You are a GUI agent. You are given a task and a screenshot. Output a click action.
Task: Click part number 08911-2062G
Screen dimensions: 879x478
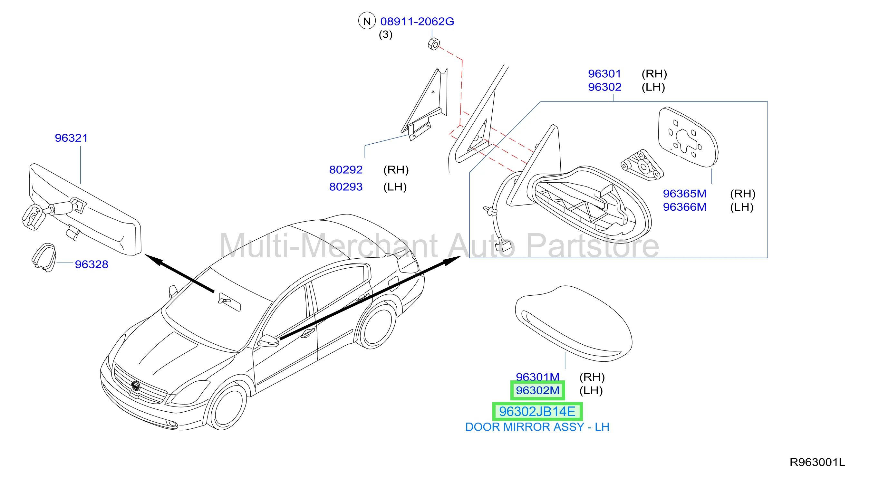pos(417,22)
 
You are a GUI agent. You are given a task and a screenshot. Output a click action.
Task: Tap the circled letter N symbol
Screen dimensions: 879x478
pos(367,21)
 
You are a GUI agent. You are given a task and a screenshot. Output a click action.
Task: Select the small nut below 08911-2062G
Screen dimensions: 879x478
pos(434,44)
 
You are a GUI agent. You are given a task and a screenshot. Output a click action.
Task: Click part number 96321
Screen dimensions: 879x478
pos(71,138)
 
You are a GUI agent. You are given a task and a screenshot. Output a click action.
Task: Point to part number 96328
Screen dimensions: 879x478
pos(92,264)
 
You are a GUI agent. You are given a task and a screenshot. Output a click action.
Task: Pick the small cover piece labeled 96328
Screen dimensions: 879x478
pos(44,257)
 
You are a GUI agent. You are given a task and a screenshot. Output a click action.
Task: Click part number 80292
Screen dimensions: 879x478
pos(346,169)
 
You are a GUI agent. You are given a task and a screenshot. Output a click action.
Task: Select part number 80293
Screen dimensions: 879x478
pos(346,186)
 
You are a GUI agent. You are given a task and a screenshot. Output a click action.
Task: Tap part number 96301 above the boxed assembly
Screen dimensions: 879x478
pos(604,74)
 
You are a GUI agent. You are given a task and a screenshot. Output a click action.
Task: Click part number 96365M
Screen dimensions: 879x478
pos(684,194)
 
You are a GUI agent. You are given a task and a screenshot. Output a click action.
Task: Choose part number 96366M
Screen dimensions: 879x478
pos(684,207)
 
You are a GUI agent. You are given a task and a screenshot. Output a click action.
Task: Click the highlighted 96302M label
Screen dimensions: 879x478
pos(537,390)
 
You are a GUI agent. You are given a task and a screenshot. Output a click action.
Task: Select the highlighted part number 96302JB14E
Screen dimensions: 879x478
pos(537,411)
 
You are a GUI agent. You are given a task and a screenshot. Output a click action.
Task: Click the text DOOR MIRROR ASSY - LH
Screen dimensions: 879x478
pos(537,427)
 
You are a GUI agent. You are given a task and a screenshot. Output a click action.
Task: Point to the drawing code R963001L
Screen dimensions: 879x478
pos(817,462)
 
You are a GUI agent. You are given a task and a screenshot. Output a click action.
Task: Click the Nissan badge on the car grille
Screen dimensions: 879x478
pos(135,386)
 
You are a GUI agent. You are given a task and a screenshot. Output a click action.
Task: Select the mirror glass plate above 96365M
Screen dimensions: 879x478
pos(688,137)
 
